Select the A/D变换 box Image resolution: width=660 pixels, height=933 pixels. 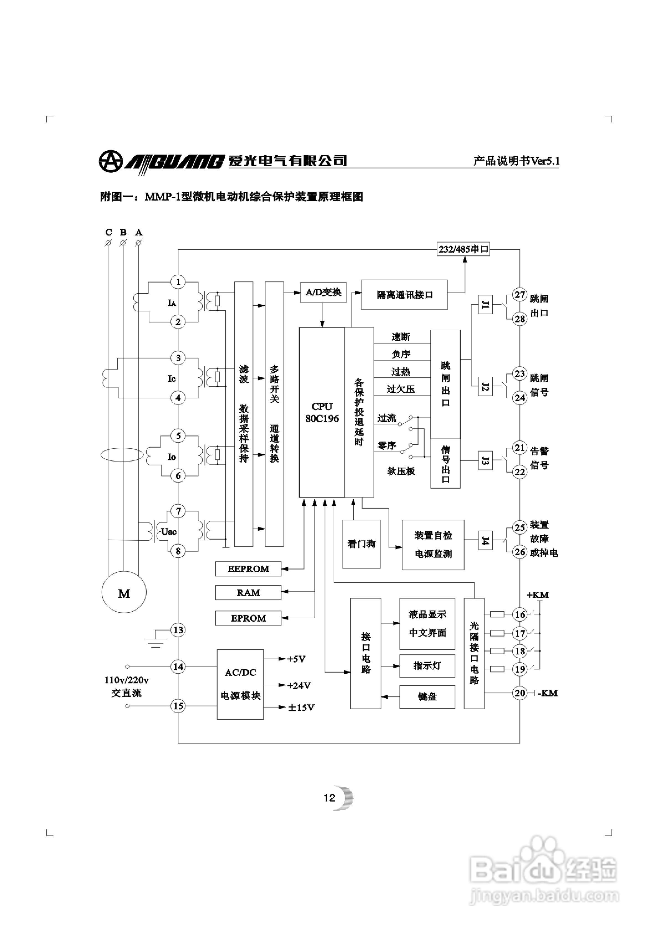[323, 292]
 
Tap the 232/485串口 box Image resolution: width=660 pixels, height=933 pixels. [463, 249]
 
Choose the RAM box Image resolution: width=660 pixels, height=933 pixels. [248, 593]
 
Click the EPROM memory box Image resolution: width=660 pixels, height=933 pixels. [248, 618]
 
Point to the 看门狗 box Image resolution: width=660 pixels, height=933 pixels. [361, 544]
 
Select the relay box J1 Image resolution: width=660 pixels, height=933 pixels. [485, 304]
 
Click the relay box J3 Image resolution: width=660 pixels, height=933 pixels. [485, 460]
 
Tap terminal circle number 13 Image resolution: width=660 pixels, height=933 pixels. [178, 630]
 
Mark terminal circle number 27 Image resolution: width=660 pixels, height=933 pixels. [520, 295]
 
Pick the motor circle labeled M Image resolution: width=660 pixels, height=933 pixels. [124, 594]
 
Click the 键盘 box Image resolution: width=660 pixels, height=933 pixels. [427, 696]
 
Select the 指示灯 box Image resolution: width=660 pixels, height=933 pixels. [427, 666]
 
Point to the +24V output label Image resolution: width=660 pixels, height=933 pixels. [299, 686]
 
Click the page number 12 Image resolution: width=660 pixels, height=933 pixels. [329, 798]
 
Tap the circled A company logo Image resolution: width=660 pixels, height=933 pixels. [110, 161]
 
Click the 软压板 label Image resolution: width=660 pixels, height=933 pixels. [401, 471]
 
